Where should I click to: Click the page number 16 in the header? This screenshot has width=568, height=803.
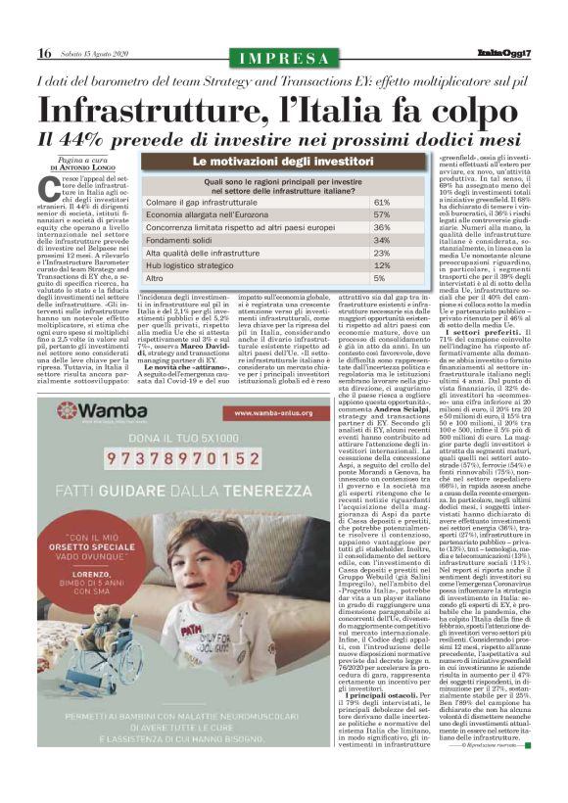45,54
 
